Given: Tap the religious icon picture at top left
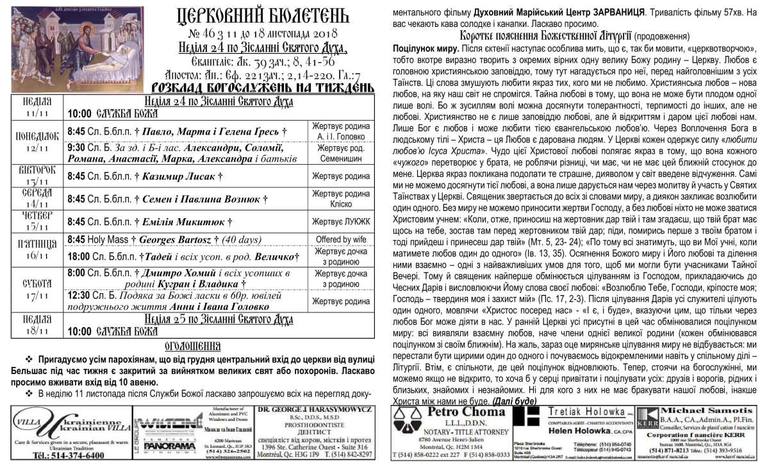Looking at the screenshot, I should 78,50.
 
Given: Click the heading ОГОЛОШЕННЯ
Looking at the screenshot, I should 193,345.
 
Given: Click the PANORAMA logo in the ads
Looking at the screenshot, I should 165,445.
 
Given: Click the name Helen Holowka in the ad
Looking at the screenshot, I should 573,432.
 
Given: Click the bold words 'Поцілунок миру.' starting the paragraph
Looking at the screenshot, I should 424,49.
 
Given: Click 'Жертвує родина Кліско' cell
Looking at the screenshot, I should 341,200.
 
